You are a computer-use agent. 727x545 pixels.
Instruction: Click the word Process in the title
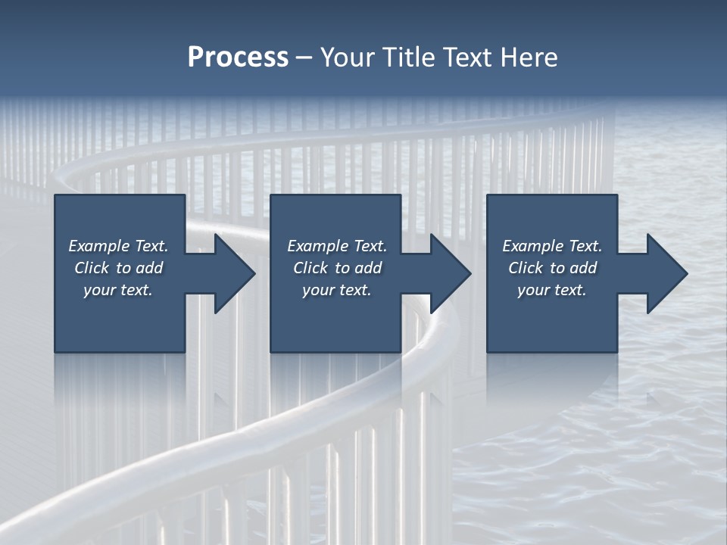point(238,58)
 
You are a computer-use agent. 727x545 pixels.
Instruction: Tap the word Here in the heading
point(529,58)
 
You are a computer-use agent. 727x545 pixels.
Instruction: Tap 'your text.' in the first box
point(118,290)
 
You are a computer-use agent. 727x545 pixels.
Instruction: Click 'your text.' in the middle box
point(337,290)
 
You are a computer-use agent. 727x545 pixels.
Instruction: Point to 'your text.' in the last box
point(552,290)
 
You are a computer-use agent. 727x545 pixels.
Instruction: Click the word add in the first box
point(149,268)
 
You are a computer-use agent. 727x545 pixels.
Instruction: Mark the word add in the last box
point(583,268)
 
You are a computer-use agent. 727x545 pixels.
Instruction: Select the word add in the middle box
point(368,268)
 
